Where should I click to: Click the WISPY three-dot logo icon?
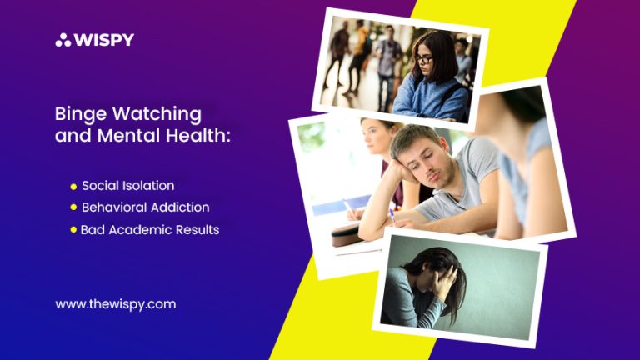(x=63, y=40)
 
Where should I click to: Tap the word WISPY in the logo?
(x=103, y=40)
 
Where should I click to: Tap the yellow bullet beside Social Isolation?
(x=73, y=187)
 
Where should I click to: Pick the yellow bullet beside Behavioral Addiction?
(x=73, y=207)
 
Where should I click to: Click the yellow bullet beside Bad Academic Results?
(x=73, y=229)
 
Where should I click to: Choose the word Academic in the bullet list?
(x=140, y=230)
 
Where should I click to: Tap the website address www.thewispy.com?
(x=116, y=304)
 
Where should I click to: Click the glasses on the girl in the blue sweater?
(x=423, y=59)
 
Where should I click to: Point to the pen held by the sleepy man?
(x=392, y=216)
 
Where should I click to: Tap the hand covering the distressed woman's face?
(x=444, y=280)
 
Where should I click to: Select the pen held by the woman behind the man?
(x=347, y=206)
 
